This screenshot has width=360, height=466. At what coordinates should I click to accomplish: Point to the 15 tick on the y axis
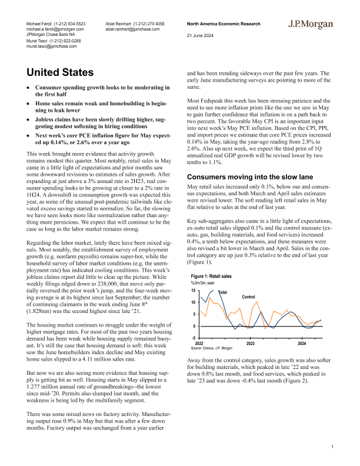click(194, 291)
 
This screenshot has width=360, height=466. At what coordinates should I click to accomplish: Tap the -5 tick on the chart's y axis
click(194, 338)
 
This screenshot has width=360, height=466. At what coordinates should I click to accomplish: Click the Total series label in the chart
click(224, 292)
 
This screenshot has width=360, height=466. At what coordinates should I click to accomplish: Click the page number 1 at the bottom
click(332, 447)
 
